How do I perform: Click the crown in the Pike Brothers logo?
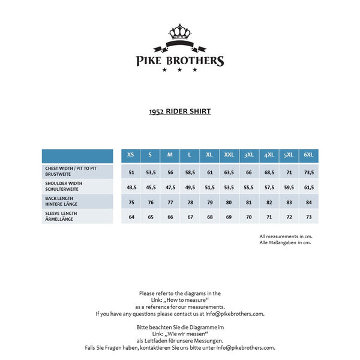tap(179, 31)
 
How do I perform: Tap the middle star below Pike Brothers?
tap(179, 70)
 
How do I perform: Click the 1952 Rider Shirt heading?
tap(180, 111)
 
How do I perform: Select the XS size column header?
tap(131, 155)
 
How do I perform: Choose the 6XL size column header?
tap(308, 155)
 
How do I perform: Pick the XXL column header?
tap(229, 155)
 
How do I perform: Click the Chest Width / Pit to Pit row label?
tap(77, 171)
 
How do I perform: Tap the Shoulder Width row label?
tap(77, 186)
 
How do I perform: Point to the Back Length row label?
tap(77, 201)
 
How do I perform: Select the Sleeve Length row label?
tap(77, 216)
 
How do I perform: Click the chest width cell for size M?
tap(170, 172)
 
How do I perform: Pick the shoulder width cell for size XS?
tap(131, 187)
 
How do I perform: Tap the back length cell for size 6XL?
tap(308, 202)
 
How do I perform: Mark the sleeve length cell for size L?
tap(189, 217)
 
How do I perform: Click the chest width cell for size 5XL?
tap(289, 172)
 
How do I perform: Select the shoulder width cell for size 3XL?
tap(248, 187)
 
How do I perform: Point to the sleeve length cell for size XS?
tap(131, 217)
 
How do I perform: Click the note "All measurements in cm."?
tap(286, 236)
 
